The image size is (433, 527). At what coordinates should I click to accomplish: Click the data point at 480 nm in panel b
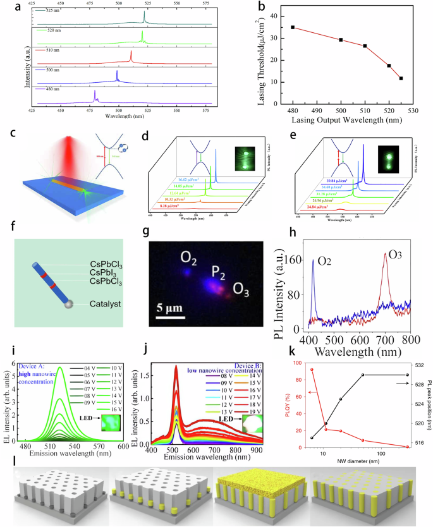tap(293, 27)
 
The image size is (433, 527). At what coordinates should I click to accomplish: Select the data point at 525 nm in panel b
tap(401, 78)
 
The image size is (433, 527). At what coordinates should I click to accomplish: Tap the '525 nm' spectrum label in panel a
tap(43, 10)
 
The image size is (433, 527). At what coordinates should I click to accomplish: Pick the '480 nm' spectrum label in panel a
tap(43, 89)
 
